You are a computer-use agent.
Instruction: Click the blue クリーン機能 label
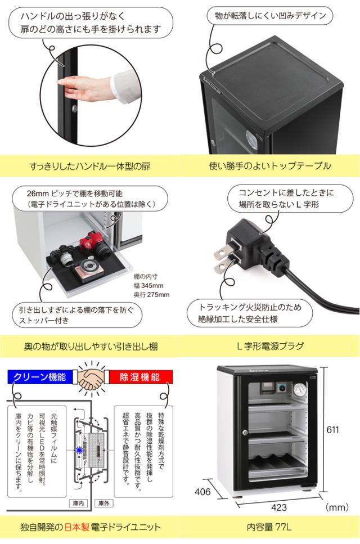tap(39, 376)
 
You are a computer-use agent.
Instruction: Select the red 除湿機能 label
tap(138, 376)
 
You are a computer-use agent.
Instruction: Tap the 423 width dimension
tap(279, 507)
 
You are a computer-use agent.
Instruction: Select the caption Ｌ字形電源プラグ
tap(270, 347)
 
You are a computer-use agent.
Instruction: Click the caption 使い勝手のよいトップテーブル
tap(270, 166)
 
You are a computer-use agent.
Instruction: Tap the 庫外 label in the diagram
tap(103, 502)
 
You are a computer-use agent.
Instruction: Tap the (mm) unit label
tap(338, 508)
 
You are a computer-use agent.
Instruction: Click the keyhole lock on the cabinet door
tap(245, 433)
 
